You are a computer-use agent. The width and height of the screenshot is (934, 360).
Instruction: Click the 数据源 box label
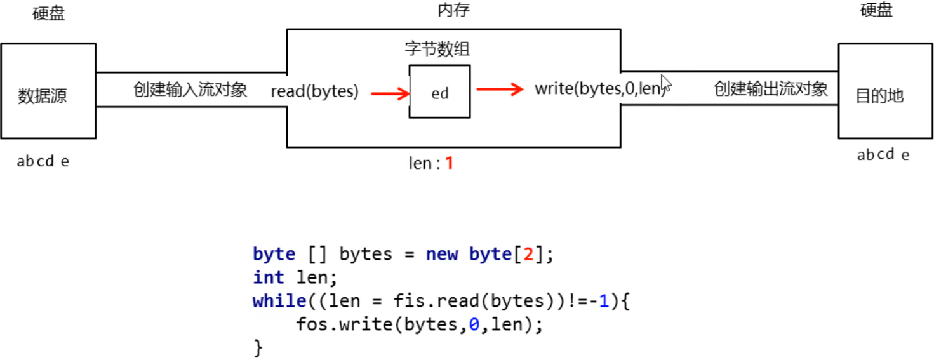(x=43, y=97)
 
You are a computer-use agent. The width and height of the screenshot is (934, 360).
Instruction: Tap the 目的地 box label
(x=879, y=97)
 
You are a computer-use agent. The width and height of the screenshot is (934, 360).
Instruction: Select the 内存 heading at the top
(x=454, y=10)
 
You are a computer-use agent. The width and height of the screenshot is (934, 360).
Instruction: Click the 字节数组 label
(x=437, y=49)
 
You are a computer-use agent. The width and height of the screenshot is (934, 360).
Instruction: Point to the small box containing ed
(x=440, y=92)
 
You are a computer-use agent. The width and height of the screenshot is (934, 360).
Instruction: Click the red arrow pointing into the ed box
(x=390, y=94)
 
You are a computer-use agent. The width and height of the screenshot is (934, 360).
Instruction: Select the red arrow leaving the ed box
(x=500, y=89)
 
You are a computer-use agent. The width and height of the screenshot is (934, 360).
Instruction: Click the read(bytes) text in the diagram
(x=315, y=91)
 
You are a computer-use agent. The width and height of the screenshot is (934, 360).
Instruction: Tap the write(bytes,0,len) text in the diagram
(x=599, y=89)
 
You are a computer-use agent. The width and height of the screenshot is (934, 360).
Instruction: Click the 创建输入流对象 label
(x=190, y=89)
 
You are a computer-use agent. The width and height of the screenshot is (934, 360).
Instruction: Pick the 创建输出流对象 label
(x=771, y=88)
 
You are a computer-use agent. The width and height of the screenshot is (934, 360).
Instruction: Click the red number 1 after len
(x=449, y=163)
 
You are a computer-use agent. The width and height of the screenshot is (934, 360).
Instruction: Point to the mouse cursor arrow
(x=665, y=83)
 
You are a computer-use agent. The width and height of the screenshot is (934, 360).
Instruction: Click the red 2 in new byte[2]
(x=527, y=255)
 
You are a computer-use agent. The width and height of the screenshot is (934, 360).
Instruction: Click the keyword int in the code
(x=269, y=277)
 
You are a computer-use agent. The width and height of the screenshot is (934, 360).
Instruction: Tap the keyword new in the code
(x=442, y=255)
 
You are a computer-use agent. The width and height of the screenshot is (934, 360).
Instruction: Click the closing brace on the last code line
(x=257, y=347)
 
